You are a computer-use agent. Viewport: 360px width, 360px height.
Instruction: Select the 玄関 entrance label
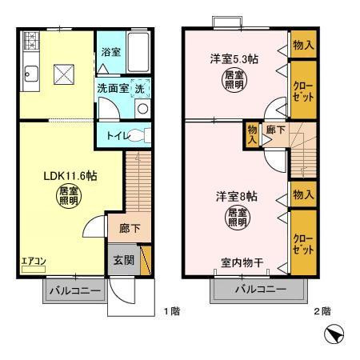[x=122, y=260]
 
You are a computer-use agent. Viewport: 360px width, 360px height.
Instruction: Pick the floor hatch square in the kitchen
[x=64, y=75]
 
